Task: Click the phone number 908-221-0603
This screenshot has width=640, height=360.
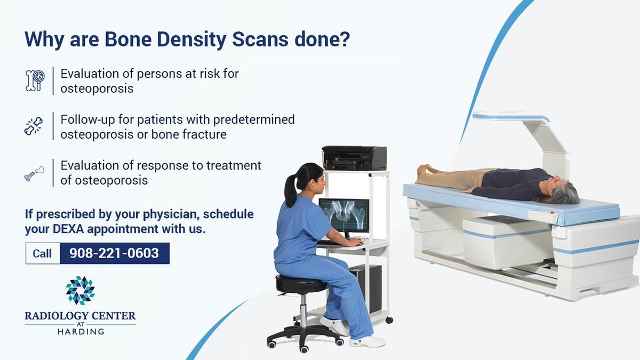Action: point(115,253)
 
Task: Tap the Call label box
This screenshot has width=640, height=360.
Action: point(43,253)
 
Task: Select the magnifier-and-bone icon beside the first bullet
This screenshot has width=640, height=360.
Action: point(35,81)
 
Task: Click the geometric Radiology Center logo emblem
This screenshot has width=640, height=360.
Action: point(80,290)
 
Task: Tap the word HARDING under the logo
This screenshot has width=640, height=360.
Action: point(81,331)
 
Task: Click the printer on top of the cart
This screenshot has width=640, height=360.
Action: point(354,158)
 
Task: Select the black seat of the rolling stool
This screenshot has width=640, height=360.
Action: point(295,284)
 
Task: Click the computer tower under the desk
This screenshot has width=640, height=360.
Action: point(366,288)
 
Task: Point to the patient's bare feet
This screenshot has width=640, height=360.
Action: point(422,172)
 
